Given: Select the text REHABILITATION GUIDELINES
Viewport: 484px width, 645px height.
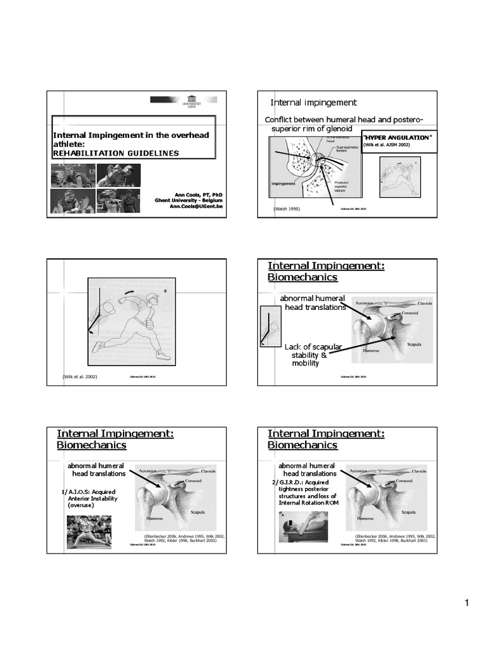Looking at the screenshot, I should [x=115, y=152].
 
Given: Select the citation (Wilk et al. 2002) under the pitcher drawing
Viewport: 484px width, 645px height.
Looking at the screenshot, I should [x=84, y=377].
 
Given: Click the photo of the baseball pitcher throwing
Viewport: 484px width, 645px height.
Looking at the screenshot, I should [x=89, y=531].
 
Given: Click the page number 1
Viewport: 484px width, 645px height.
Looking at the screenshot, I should [x=468, y=604].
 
